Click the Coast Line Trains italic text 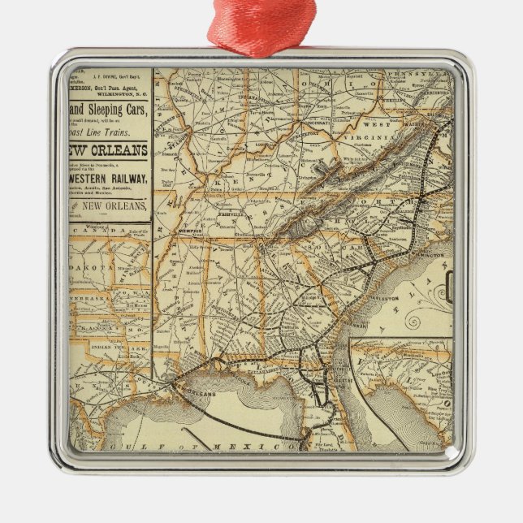(x=110, y=132)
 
